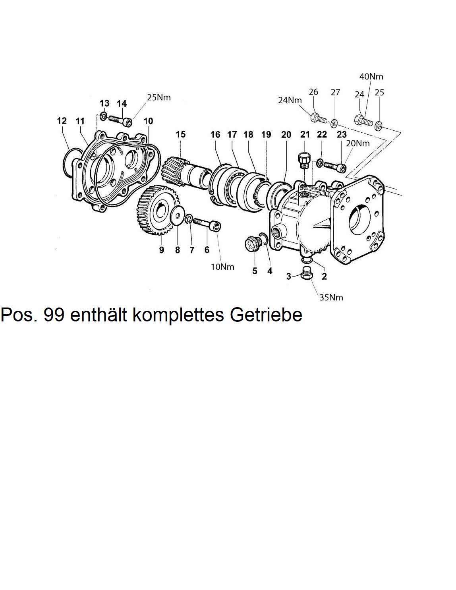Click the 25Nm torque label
tap(159, 97)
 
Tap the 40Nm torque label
tap(371, 76)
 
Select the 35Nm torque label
tap(331, 297)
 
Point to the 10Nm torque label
tap(222, 267)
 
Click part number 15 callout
tap(181, 134)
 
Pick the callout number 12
tap(62, 120)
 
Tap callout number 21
tap(305, 134)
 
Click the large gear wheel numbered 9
tap(155, 211)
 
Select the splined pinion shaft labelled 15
tap(185, 173)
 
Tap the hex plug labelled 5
tap(251, 243)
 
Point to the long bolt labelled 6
tap(207, 224)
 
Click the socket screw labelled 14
tap(120, 119)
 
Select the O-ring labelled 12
tap(68, 162)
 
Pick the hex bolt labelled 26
tap(317, 118)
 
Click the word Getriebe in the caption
tap(266, 315)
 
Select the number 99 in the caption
tap(54, 315)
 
